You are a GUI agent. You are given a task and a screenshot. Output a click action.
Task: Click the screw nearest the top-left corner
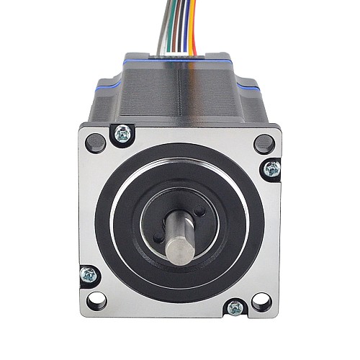coord(123,133)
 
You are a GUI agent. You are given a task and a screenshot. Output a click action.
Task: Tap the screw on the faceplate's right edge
coord(272,169)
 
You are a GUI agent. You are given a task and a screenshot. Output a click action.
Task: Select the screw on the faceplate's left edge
coord(87,274)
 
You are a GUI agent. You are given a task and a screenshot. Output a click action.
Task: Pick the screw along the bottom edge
coord(235,308)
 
